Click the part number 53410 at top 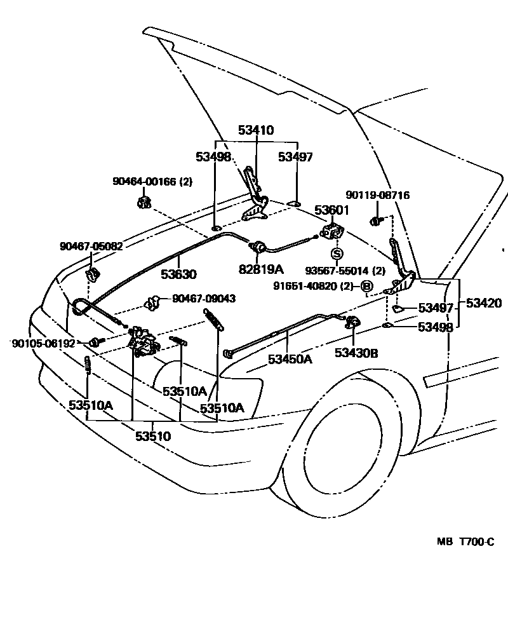click(256, 130)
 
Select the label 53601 click(332, 210)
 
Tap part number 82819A click(261, 269)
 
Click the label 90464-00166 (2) click(152, 181)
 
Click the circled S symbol click(337, 253)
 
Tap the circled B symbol click(367, 287)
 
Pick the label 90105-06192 click(43, 343)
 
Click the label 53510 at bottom click(152, 437)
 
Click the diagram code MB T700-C click(464, 542)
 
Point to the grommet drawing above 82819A click(258, 248)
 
